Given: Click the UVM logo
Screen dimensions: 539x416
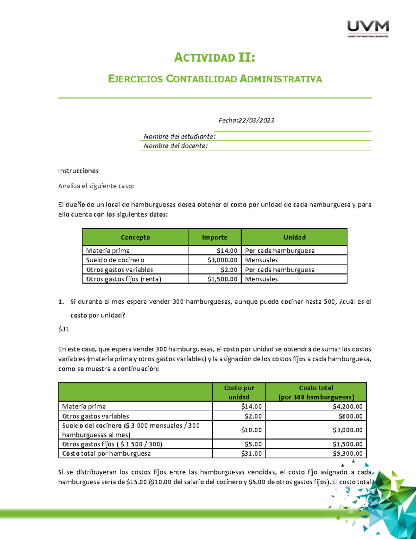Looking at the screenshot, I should click(368, 28).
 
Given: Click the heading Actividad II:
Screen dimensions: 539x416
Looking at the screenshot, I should click(215, 58).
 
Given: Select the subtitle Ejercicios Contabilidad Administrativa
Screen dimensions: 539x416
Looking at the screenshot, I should click(215, 79).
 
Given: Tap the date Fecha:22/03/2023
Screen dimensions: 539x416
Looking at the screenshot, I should click(246, 120).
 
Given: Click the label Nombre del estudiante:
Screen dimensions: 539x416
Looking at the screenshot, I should click(180, 136).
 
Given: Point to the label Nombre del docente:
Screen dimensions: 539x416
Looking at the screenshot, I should click(176, 146).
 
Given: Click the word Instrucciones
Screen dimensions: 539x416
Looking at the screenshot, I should click(78, 171).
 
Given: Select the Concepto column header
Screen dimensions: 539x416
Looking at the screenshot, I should click(135, 237).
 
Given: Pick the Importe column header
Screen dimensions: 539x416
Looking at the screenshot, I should click(215, 237).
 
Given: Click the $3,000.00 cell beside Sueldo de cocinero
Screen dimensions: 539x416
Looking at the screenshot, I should click(222, 260).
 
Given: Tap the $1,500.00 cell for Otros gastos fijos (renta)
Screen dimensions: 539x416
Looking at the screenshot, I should click(222, 279).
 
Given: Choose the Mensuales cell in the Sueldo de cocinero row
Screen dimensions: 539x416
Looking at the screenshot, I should click(261, 260).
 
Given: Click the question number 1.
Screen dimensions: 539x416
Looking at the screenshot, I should click(61, 302).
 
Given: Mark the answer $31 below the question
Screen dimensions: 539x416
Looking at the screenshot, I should click(64, 329).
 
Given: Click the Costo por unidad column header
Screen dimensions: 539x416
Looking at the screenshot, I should click(239, 392).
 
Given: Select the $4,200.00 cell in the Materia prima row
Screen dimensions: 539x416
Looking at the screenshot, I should click(347, 406).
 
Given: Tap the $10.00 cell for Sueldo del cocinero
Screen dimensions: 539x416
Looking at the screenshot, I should click(251, 430).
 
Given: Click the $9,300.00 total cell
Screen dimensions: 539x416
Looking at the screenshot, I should click(347, 454).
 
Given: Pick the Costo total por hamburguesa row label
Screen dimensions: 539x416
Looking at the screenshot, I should click(106, 454).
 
